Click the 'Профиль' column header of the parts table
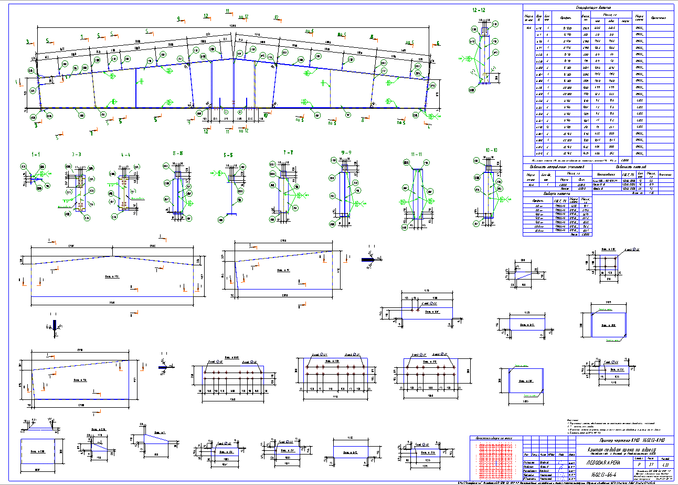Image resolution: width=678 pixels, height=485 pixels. [562, 18]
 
